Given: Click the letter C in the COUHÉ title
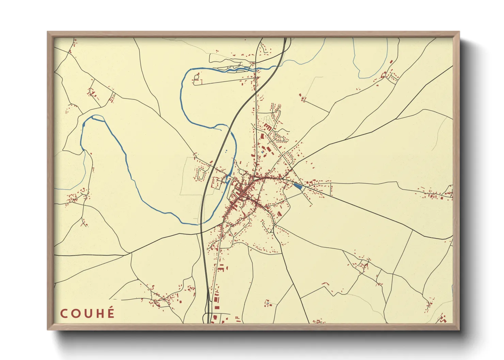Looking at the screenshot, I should pyautogui.click(x=64, y=314).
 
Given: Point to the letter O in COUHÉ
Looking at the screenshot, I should pyautogui.click(x=75, y=314).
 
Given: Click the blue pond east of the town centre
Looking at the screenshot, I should pyautogui.click(x=298, y=186).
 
